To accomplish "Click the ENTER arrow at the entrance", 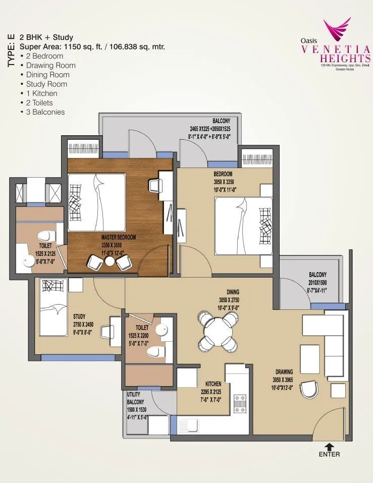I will tap(329, 446).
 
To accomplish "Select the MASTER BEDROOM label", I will tap(119, 237).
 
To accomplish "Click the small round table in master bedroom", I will tap(110, 261).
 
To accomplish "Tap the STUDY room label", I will tap(79, 316).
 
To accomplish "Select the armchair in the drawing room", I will tap(308, 389).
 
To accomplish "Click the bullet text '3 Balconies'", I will tap(45, 112).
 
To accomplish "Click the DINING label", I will tap(233, 292).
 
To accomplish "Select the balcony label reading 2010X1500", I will tap(317, 282).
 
